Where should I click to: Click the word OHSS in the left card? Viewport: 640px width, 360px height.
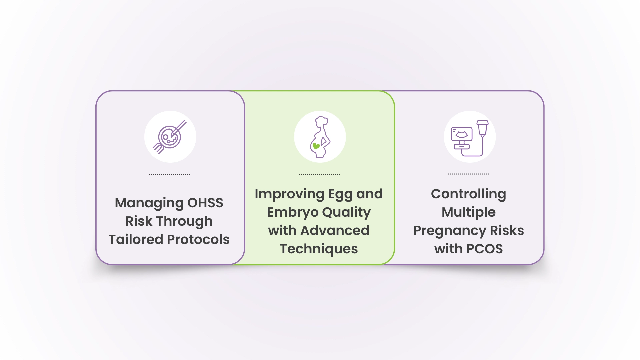click(205, 203)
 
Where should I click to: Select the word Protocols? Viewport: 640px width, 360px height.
click(198, 239)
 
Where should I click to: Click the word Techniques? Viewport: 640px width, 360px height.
click(319, 249)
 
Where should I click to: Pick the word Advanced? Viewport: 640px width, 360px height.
click(335, 230)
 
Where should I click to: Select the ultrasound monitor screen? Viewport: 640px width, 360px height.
click(462, 134)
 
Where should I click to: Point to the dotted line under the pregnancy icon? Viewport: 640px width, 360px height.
click(319, 174)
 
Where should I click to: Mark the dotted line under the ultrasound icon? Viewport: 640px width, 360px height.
click(468, 174)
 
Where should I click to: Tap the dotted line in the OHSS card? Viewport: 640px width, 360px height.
click(170, 174)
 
